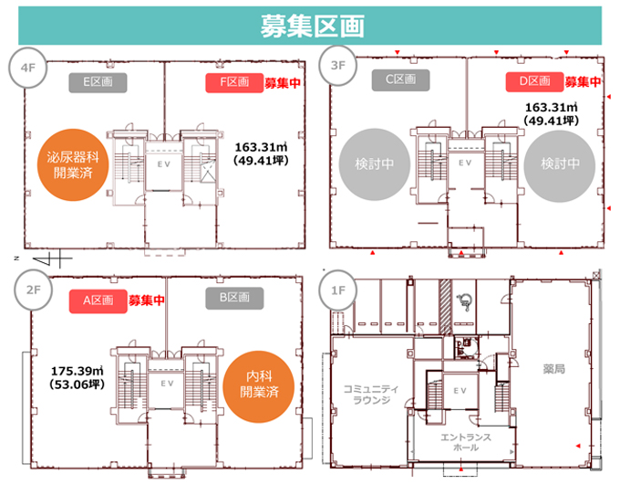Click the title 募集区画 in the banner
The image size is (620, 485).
coord(312,26)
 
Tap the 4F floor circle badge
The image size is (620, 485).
coord(28,68)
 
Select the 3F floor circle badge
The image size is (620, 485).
coord(337,66)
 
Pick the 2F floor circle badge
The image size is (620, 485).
coord(33,290)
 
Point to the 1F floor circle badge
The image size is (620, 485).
coord(338,290)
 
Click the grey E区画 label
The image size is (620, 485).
coord(98,82)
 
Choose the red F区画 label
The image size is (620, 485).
coord(234,82)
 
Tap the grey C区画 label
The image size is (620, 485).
coord(400,80)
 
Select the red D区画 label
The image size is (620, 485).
coord(534,81)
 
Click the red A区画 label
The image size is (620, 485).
coord(98,300)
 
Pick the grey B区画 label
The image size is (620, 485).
coord(234,298)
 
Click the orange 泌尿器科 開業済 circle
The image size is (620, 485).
coord(73,164)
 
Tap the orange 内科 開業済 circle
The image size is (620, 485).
coord(259,386)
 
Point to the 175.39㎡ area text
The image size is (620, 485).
coord(77,371)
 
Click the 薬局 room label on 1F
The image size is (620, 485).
coord(554,369)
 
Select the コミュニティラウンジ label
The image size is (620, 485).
coord(371,395)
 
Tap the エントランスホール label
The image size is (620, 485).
coord(466,442)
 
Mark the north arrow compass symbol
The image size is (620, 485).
coord(51,259)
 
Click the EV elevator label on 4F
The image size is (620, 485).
coord(164,164)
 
